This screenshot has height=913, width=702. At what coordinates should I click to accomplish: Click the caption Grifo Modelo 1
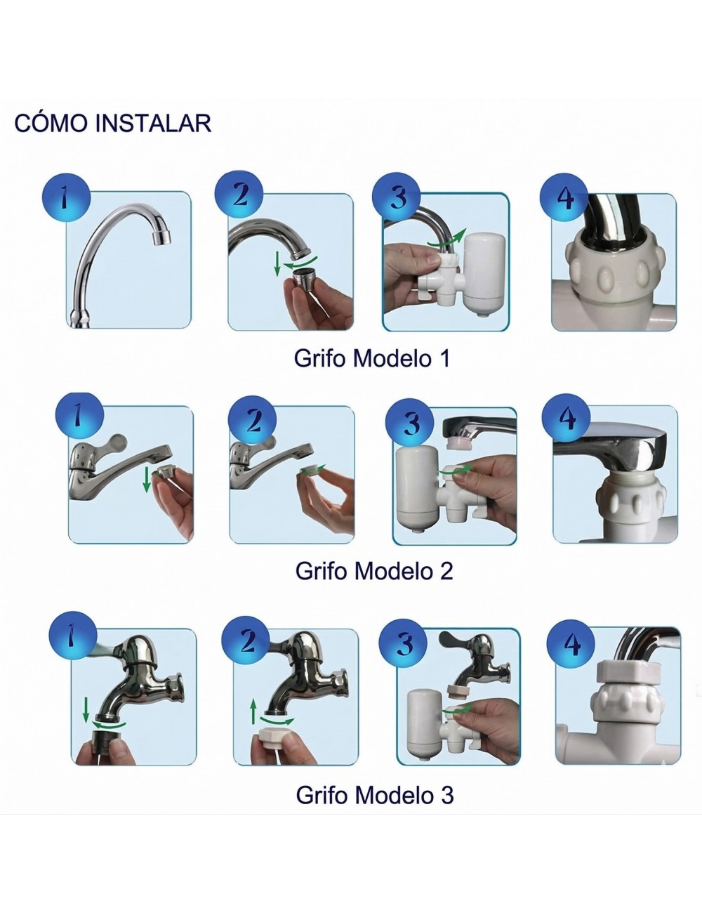(371, 358)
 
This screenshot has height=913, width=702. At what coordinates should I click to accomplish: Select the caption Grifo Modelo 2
(373, 570)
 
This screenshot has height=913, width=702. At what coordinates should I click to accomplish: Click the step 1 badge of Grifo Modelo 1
(66, 197)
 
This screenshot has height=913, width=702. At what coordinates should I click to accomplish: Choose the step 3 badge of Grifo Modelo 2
(411, 423)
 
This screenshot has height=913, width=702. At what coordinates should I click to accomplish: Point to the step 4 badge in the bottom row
(572, 643)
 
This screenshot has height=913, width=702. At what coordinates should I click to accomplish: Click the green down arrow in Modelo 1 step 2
(277, 263)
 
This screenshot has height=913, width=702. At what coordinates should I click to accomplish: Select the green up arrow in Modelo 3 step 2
(253, 711)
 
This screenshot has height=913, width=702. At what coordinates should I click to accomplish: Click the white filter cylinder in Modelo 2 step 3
(416, 490)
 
